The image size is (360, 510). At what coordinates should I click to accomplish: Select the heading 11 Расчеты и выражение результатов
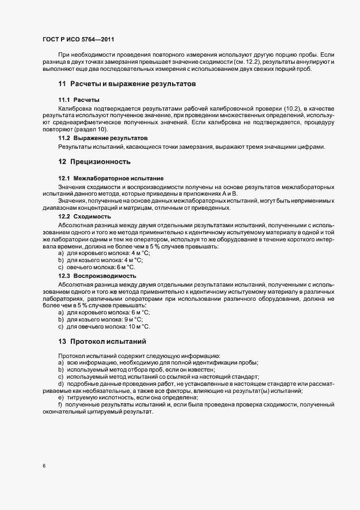click(x=127, y=84)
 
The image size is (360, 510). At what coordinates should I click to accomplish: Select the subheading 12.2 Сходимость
click(x=84, y=216)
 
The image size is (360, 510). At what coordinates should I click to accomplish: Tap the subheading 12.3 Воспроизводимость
click(x=97, y=276)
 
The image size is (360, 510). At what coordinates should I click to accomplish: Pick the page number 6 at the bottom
click(x=44, y=465)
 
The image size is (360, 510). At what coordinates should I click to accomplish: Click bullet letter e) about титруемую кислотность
click(x=60, y=398)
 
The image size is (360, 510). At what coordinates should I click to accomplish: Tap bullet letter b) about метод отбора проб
click(x=60, y=370)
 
